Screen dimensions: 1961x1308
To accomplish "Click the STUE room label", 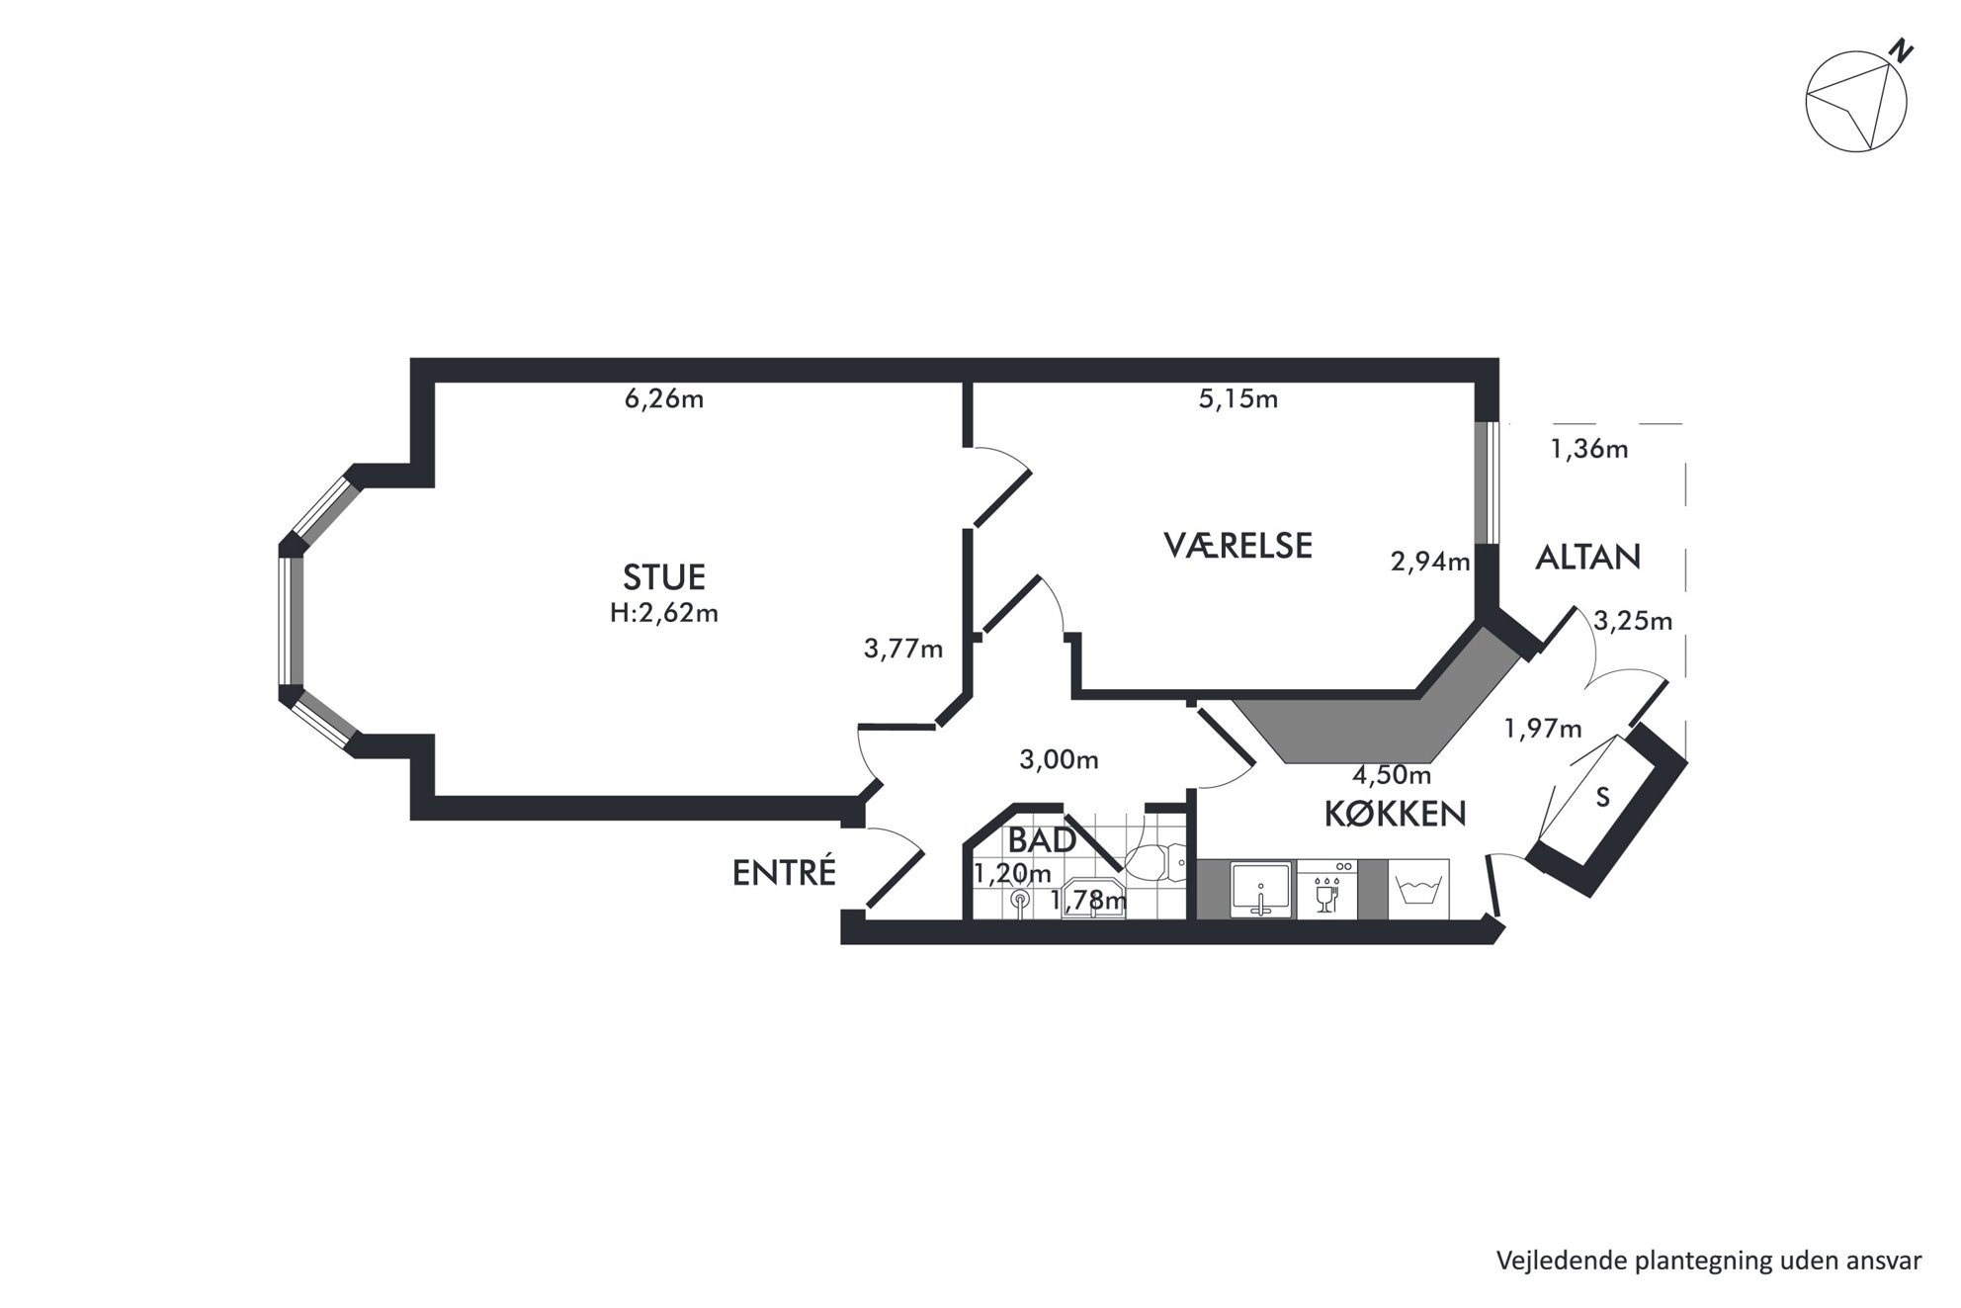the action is (x=664, y=577).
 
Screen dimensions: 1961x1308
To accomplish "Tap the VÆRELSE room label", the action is (x=1237, y=546).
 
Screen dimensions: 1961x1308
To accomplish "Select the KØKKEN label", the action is (x=1395, y=814).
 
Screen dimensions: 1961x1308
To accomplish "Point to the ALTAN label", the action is (x=1587, y=558).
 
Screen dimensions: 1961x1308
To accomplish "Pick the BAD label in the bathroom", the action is (x=1042, y=840).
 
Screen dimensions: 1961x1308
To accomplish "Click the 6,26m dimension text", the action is (x=664, y=399).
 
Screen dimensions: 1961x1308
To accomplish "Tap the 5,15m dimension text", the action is (x=1238, y=399).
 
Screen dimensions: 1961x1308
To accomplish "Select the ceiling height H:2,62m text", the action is (x=664, y=613).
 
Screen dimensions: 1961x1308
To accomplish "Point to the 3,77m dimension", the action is (x=903, y=650).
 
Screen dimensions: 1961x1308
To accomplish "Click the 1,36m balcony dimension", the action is (x=1589, y=450).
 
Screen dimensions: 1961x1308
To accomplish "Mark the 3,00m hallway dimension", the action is (x=1059, y=760).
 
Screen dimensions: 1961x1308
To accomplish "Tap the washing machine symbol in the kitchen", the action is (x=1418, y=889).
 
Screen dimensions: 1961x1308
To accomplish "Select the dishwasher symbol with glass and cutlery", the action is (x=1326, y=889).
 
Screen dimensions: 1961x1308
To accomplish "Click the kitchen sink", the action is (x=1261, y=889).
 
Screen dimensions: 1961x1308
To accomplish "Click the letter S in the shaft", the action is (x=1603, y=798).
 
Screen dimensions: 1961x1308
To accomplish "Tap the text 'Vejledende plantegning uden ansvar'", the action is (x=1709, y=1261).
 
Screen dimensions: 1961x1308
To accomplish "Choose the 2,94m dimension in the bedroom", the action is (x=1430, y=563).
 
